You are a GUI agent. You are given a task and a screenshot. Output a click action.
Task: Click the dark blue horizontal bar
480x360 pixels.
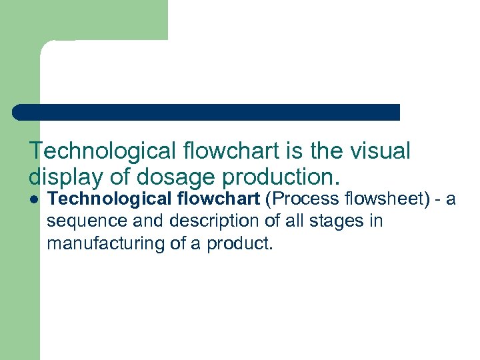206,112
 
